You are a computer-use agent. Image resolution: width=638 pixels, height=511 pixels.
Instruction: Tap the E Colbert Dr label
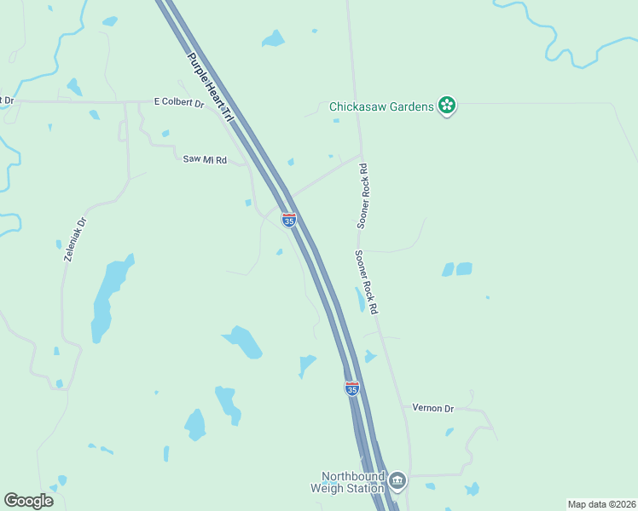pyautogui.click(x=179, y=103)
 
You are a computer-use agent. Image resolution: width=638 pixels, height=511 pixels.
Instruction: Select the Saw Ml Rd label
pyautogui.click(x=205, y=159)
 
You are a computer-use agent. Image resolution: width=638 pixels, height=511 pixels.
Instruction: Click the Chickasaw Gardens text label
pyautogui.click(x=381, y=107)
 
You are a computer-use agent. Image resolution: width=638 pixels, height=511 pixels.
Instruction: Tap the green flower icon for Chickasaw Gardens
pyautogui.click(x=446, y=106)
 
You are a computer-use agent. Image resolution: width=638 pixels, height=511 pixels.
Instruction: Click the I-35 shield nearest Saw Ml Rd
pyautogui.click(x=289, y=220)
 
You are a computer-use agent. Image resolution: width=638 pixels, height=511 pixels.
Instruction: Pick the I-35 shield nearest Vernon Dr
pyautogui.click(x=352, y=388)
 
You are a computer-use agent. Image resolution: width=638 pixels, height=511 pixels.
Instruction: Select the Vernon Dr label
pyautogui.click(x=432, y=409)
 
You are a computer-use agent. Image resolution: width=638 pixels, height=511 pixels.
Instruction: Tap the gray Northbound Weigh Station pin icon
pyautogui.click(x=397, y=482)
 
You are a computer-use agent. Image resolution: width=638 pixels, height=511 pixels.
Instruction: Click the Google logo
pyautogui.click(x=28, y=501)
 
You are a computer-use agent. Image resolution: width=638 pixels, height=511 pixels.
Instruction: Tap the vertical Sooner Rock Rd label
pyautogui.click(x=363, y=196)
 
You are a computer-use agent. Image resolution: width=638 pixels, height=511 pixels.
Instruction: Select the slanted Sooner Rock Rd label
pyautogui.click(x=367, y=282)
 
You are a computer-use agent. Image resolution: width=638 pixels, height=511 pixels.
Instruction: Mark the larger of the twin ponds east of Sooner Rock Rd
pyautogui.click(x=464, y=269)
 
